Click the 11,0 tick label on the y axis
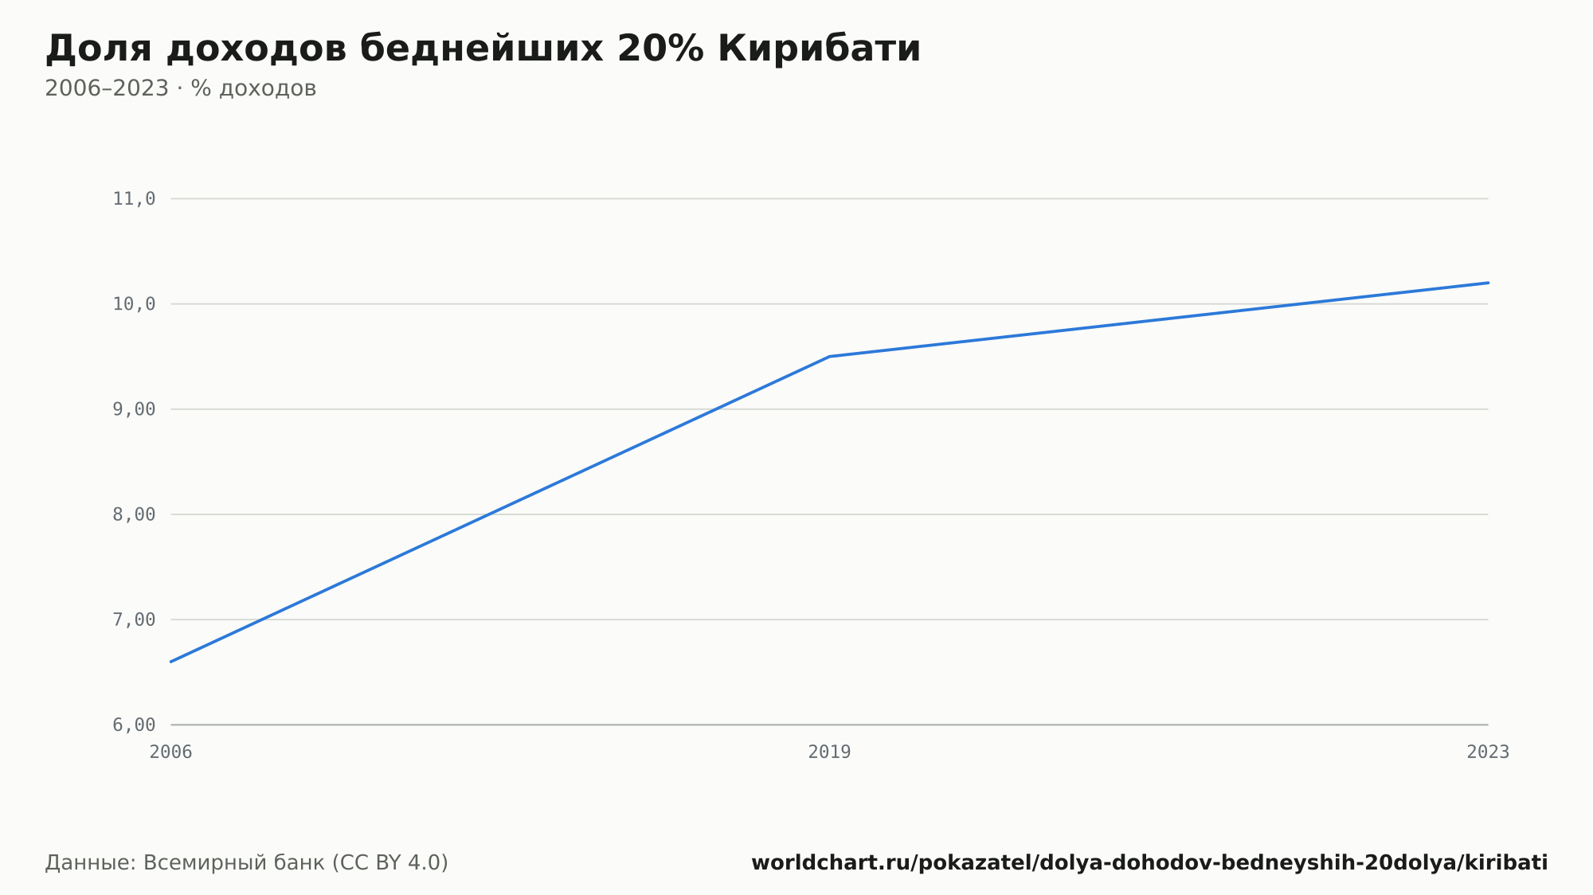[x=134, y=199]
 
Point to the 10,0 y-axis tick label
[x=134, y=304]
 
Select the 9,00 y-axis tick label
[x=134, y=409]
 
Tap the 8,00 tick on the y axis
[x=134, y=514]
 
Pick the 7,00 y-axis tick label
[x=134, y=619]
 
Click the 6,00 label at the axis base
[x=134, y=725]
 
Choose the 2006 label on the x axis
[x=171, y=752]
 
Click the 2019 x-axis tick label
[x=829, y=752]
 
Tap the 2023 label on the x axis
[x=1488, y=752]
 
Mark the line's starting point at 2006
[x=171, y=662]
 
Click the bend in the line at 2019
[x=829, y=356]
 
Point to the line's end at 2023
[x=1488, y=283]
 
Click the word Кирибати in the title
[x=819, y=49]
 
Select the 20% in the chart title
[x=660, y=49]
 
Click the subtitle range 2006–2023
[x=107, y=88]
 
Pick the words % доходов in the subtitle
[x=253, y=88]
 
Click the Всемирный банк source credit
[x=234, y=862]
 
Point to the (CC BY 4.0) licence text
[x=389, y=862]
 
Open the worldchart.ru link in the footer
[x=1149, y=863]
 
